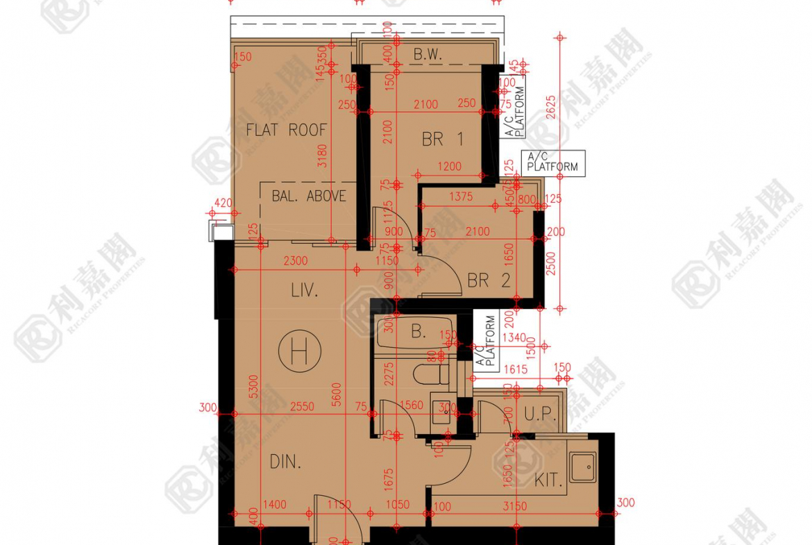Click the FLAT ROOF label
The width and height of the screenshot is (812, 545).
[x=286, y=130]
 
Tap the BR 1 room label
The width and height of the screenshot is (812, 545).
[x=442, y=140]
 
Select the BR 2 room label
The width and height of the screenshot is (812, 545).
[x=489, y=280]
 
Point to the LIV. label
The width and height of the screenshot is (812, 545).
[x=304, y=291]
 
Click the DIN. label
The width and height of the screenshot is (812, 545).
[x=285, y=462]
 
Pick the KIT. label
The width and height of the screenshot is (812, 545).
[x=548, y=480]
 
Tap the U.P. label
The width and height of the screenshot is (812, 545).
[x=541, y=414]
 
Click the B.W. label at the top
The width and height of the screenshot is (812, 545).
[x=428, y=53]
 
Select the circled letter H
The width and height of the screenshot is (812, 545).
[x=299, y=353]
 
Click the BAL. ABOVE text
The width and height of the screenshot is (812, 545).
[x=309, y=196]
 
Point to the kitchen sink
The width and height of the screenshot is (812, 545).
[x=582, y=467]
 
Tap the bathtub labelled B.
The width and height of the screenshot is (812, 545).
[x=417, y=332]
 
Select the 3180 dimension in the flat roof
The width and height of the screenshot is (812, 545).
[x=321, y=156]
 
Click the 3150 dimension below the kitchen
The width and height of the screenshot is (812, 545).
[x=515, y=506]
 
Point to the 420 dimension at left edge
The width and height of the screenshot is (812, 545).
[x=223, y=203]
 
